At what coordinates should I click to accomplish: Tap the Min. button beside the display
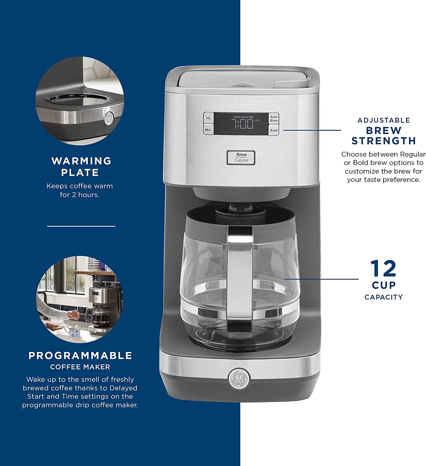click(x=209, y=130)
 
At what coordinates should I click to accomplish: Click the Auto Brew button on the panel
click(x=274, y=119)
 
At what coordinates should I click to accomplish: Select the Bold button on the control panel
click(x=274, y=130)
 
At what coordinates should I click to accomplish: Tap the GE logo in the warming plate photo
click(x=109, y=118)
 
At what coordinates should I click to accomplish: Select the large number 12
click(x=383, y=268)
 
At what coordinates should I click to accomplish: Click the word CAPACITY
click(x=383, y=297)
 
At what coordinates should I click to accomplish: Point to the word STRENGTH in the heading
click(x=383, y=141)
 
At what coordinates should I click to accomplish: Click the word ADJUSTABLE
click(x=383, y=120)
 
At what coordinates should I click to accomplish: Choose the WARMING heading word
click(x=81, y=161)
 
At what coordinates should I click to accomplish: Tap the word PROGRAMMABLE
click(x=80, y=356)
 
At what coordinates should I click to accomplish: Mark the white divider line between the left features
click(x=81, y=226)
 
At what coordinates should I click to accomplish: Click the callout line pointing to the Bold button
click(x=312, y=130)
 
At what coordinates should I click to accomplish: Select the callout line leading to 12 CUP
click(x=321, y=279)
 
